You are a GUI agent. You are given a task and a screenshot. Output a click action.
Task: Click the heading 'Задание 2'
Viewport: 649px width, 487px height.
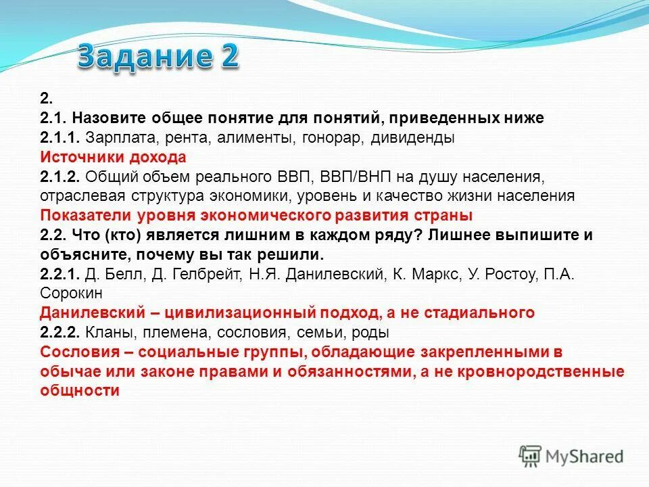(158, 58)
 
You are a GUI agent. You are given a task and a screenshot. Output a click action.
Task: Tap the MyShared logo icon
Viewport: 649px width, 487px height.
(531, 456)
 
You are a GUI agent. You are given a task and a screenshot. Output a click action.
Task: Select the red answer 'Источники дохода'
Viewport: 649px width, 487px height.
(113, 157)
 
